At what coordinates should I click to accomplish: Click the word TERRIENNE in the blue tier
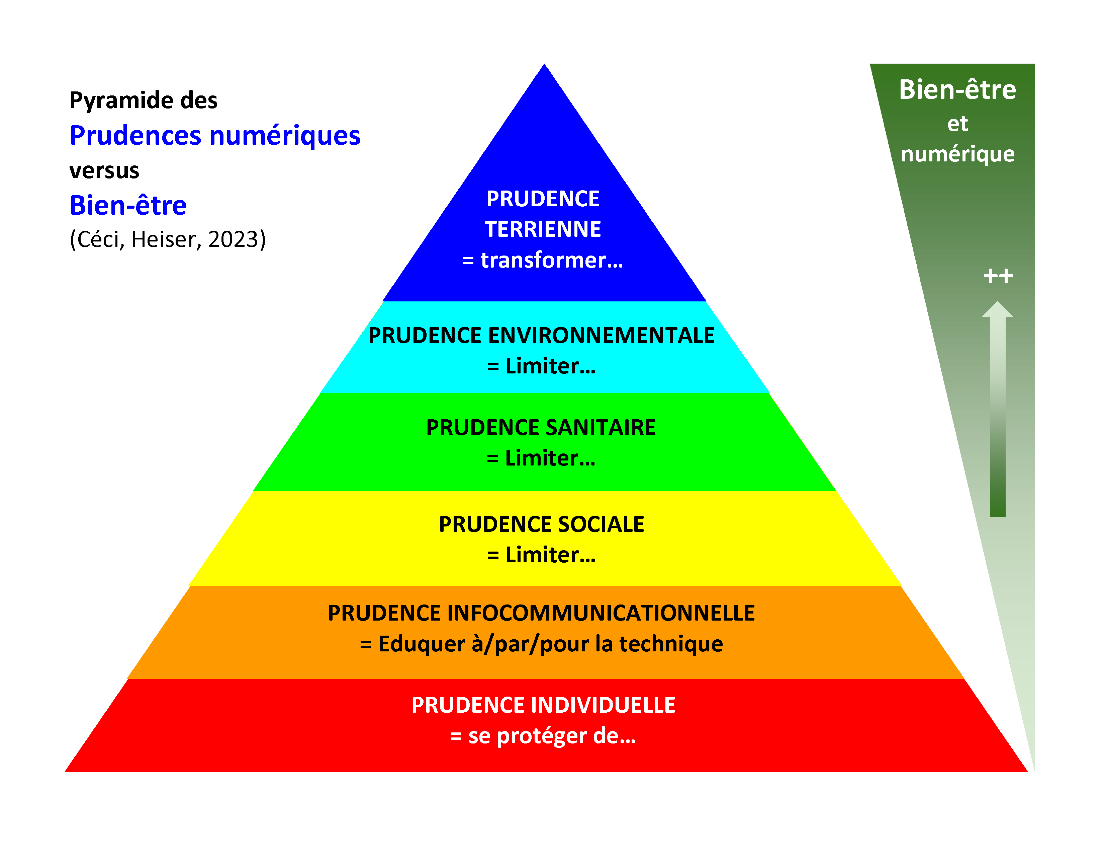point(543,229)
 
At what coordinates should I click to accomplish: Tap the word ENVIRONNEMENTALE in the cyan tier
point(602,336)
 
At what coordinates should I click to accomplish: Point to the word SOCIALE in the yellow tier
point(593,524)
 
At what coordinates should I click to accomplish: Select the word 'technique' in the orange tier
point(671,644)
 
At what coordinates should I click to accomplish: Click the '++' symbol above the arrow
point(998,276)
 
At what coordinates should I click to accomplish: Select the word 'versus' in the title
point(104,170)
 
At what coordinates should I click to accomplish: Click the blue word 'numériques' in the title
point(285,136)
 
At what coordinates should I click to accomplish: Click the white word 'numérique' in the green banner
point(957,154)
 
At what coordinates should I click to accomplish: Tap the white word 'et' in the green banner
point(957,124)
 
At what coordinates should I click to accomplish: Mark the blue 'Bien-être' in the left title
point(128,205)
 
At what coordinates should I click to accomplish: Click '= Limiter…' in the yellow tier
point(541,555)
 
